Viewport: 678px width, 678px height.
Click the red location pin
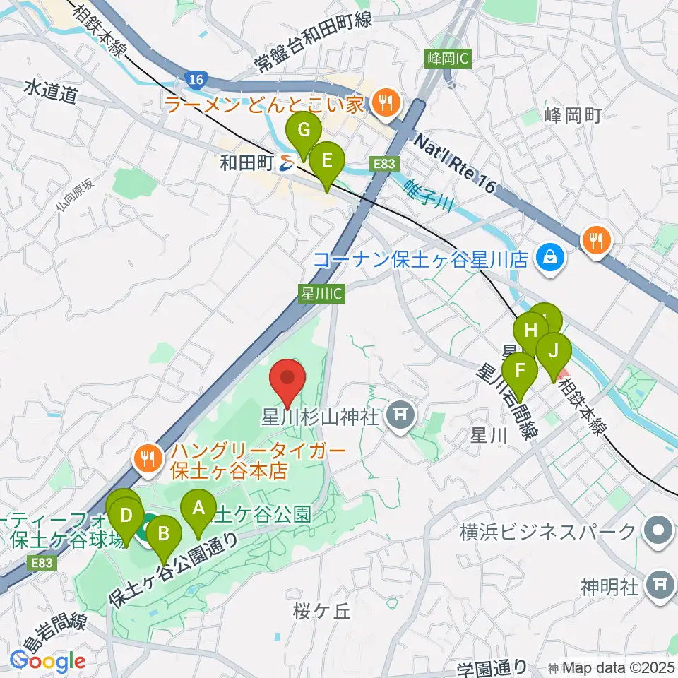(x=289, y=379)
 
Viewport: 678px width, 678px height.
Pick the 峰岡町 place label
(x=573, y=116)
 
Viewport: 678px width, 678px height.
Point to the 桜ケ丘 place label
(x=321, y=612)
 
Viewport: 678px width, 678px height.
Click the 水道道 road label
(x=49, y=92)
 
